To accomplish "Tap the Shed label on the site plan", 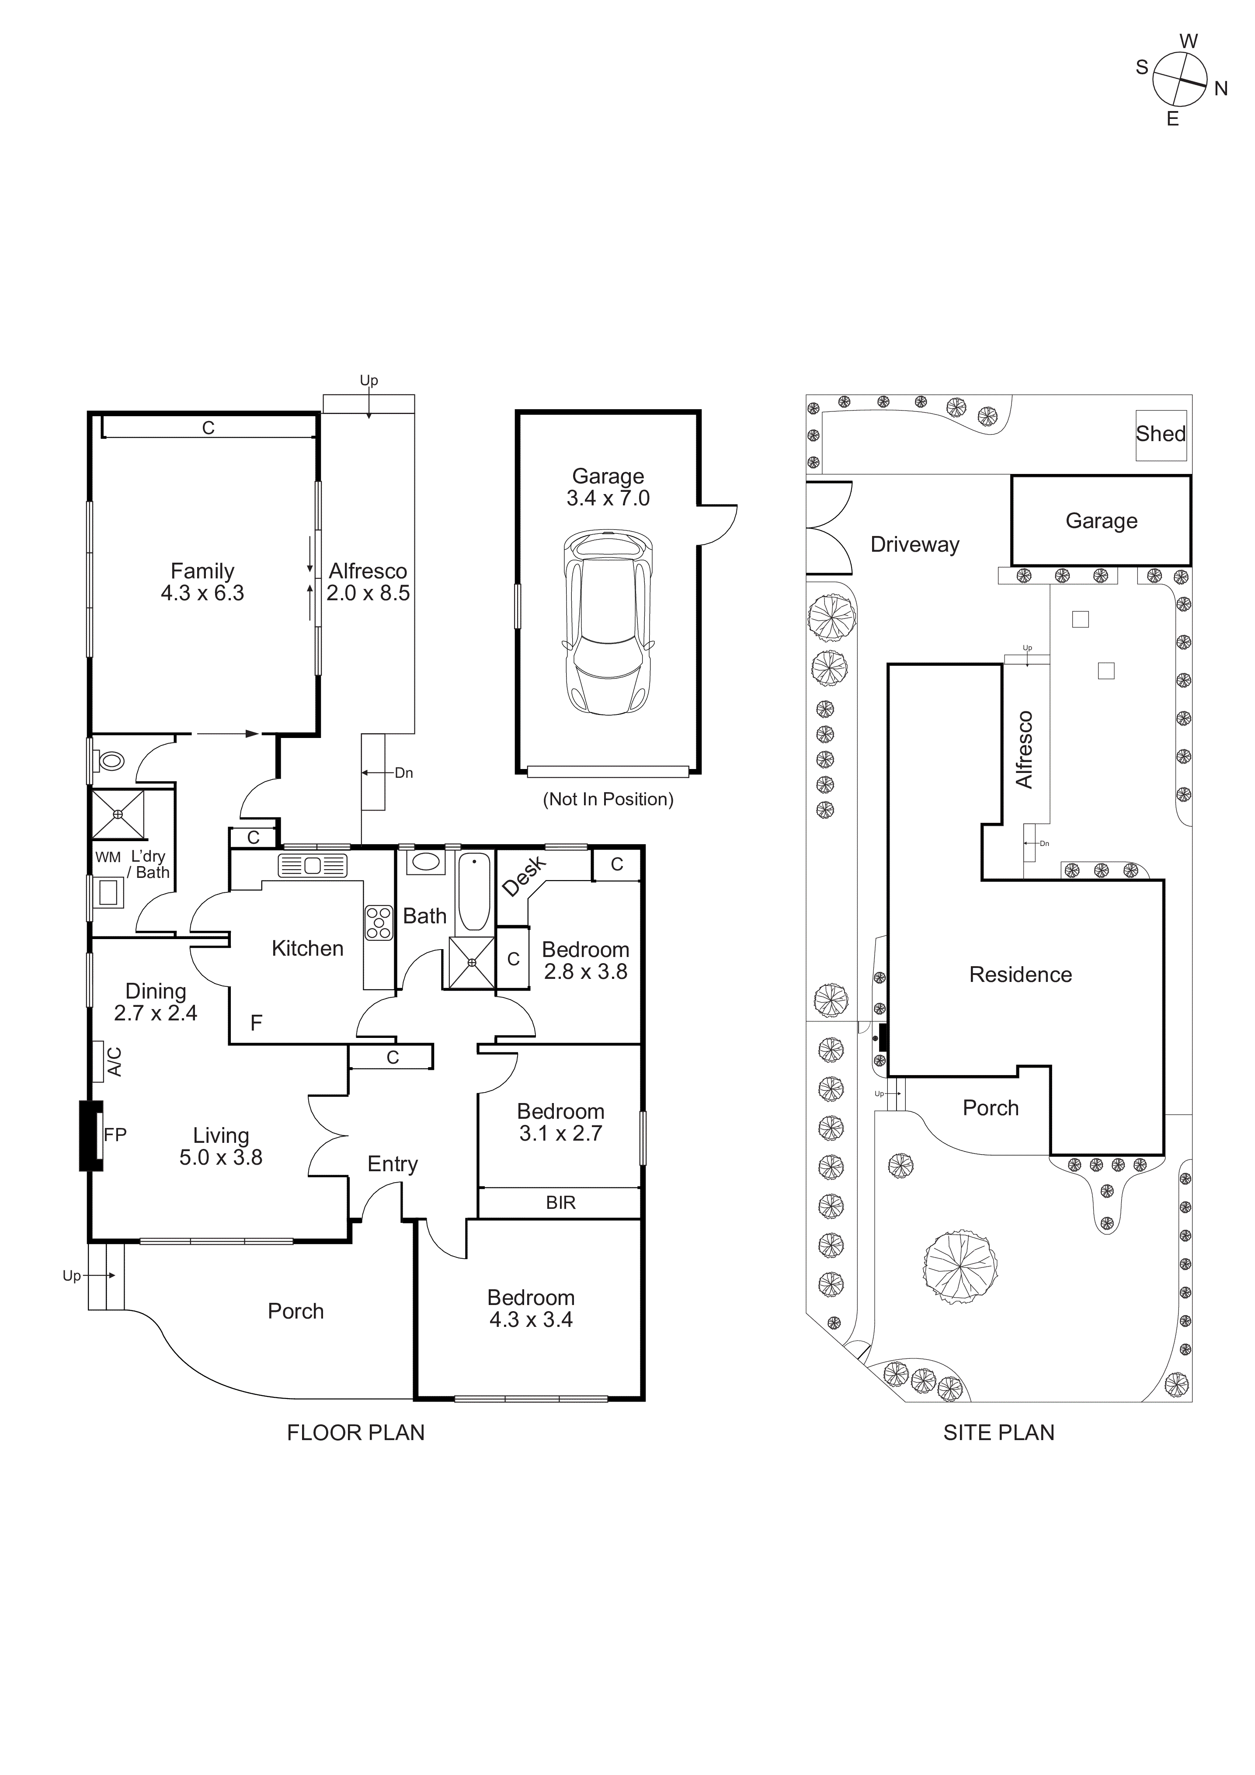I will point(1160,434).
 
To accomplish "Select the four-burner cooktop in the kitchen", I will point(379,923).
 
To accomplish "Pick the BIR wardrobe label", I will point(560,1202).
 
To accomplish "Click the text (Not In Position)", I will point(608,799).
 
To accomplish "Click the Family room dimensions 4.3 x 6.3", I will point(202,593).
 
